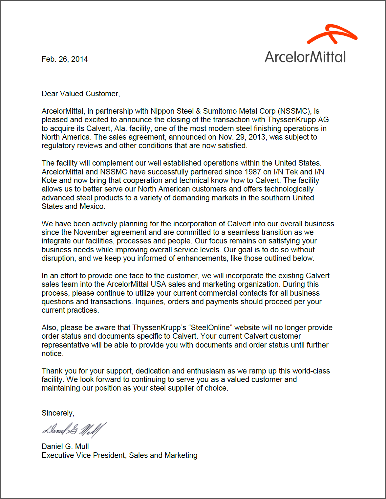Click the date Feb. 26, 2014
[65, 59]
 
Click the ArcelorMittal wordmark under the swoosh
[305, 57]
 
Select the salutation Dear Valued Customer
[81, 94]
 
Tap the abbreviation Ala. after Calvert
[120, 128]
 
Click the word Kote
[50, 180]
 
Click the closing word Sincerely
[58, 413]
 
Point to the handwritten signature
[74, 430]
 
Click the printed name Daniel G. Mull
[65, 446]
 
